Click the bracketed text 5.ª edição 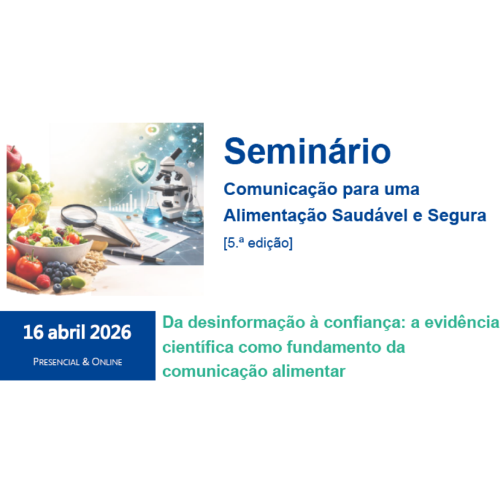258,243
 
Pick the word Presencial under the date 56,362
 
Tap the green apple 19,182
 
